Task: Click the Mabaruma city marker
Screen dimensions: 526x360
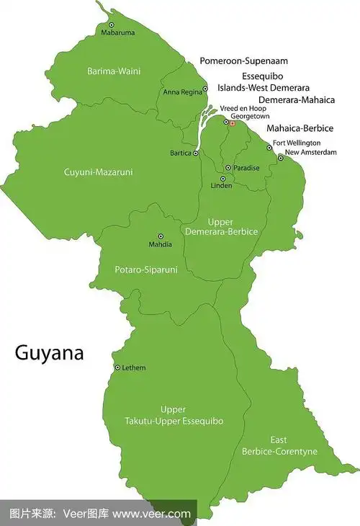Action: [111, 25]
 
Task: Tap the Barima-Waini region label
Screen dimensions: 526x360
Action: [114, 71]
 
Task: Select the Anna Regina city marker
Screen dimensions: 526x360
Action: [205, 89]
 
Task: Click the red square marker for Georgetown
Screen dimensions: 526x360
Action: [233, 123]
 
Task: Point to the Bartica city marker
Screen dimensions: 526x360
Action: [196, 153]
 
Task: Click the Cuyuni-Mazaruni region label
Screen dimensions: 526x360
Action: [99, 172]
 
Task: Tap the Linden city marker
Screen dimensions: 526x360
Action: [222, 178]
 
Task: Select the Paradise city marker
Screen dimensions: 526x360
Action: [228, 168]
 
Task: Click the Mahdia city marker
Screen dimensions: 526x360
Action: [160, 236]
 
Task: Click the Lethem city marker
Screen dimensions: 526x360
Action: [117, 367]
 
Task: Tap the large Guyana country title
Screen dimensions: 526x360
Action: [50, 353]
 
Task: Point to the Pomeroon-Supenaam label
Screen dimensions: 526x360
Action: [243, 61]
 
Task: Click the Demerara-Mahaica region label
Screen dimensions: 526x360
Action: [297, 100]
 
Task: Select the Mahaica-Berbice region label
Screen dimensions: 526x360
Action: [300, 128]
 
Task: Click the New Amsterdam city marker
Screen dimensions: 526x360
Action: [280, 157]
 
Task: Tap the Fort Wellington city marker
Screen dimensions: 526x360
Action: [269, 148]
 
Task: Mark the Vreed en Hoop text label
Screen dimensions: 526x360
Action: [238, 107]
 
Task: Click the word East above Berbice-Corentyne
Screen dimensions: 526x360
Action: [279, 440]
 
